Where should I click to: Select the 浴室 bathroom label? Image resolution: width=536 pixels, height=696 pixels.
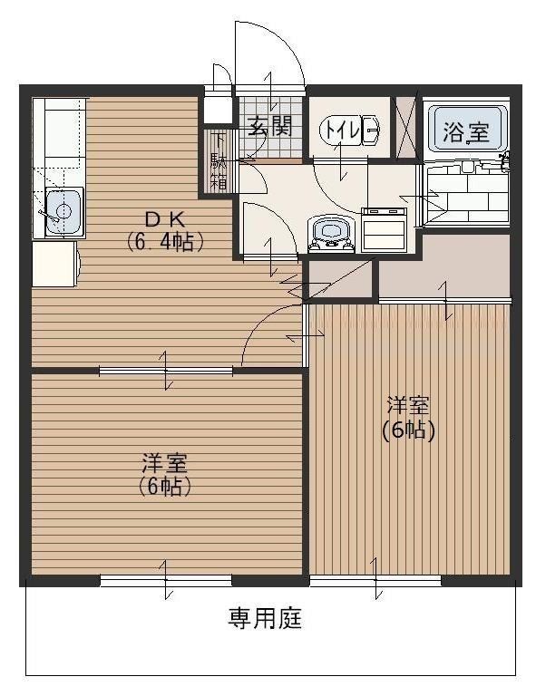pos(466,133)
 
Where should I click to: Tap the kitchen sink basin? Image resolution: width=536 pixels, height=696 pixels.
pos(60,212)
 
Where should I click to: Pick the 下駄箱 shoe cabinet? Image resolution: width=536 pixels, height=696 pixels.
pos(219,162)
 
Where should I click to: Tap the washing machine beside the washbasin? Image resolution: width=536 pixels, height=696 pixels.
pos(385,231)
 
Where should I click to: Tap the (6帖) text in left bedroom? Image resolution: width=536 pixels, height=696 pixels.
pos(164,487)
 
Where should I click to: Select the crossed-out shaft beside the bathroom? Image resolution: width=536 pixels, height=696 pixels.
pos(405,124)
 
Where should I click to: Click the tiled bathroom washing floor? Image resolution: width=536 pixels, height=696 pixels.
pos(468,193)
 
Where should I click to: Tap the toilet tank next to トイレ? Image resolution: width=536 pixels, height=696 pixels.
pos(371,130)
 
